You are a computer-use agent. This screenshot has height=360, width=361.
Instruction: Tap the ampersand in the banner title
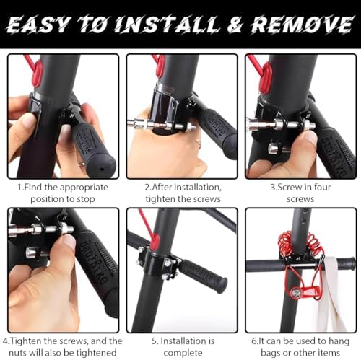point(235,25)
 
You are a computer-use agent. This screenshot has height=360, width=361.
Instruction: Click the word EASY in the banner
point(38,25)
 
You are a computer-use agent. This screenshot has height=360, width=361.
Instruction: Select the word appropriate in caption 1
point(84,188)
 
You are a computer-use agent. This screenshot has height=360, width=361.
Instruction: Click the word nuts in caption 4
point(18,353)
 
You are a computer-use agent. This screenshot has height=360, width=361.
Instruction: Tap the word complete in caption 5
point(183,353)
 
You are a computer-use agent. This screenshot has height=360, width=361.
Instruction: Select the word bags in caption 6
point(271,353)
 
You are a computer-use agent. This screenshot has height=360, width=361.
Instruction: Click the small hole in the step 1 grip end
point(102,169)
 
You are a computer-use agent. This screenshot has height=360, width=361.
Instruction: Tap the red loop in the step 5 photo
point(155,242)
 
